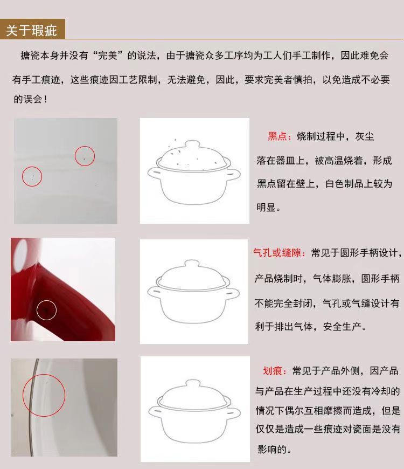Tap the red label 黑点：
point(280,136)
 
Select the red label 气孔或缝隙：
point(280,253)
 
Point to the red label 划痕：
point(275,371)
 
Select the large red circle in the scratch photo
point(23,395)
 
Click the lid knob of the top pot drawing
point(192,144)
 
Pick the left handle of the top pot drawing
point(154,173)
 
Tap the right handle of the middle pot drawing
point(233,293)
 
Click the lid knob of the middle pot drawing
point(192,264)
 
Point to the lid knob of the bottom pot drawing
point(193,384)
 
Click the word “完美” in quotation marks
point(108,56)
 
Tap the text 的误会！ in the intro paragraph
point(30,99)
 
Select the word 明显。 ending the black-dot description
point(269,207)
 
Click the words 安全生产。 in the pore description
point(345,326)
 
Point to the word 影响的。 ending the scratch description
point(274,449)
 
